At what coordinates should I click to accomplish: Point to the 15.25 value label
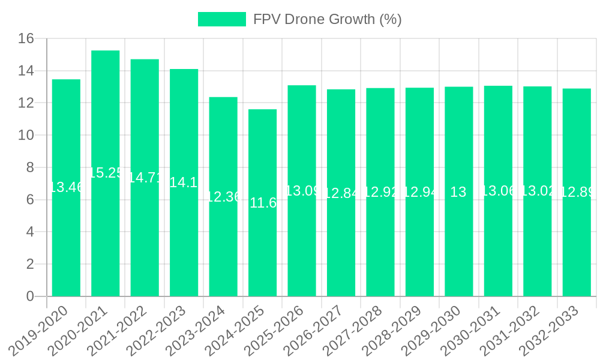click(106, 173)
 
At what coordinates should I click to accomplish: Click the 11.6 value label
click(262, 203)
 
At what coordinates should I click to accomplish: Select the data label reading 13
click(458, 192)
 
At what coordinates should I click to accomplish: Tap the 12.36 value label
click(223, 197)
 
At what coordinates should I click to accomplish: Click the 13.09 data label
click(302, 191)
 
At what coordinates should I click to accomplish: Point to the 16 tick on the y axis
click(26, 39)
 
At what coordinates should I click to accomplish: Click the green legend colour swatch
click(222, 19)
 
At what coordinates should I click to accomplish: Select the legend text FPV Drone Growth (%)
click(327, 19)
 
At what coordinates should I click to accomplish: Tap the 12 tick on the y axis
click(26, 103)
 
